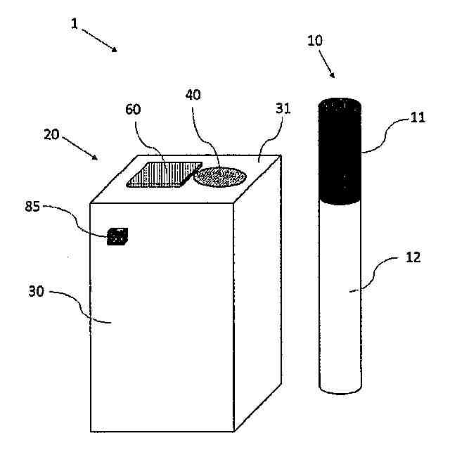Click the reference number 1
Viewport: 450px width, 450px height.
(x=75, y=23)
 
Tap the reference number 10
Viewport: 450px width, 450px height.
(x=315, y=41)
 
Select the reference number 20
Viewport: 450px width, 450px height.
(x=51, y=134)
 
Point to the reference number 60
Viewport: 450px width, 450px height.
(x=134, y=110)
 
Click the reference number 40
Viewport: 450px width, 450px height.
(x=193, y=95)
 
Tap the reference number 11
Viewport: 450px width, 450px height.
(x=418, y=117)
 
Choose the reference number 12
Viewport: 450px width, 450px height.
(x=413, y=257)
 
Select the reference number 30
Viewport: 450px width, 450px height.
(x=36, y=291)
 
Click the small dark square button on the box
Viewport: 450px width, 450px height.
(x=117, y=237)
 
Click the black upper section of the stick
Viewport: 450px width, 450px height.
(x=340, y=150)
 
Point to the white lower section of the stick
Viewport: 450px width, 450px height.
(x=341, y=288)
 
